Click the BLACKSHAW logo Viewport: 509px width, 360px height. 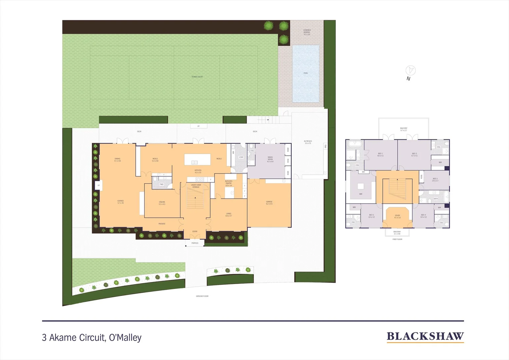click(425, 337)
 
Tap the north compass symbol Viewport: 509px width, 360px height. click(410, 70)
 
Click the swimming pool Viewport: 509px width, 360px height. click(306, 73)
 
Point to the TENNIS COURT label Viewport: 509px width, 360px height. click(197, 77)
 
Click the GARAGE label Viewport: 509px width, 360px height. click(269, 202)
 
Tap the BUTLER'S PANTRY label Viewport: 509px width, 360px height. click(229, 183)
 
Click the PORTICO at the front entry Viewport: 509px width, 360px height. click(195, 243)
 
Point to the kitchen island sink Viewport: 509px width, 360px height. click(194, 162)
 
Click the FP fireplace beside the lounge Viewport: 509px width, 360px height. click(98, 185)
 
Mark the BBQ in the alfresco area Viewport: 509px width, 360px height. click(325, 146)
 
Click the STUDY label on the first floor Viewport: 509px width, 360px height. click(397, 216)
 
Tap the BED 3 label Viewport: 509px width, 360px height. click(435, 180)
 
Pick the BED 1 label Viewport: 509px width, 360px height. click(380, 155)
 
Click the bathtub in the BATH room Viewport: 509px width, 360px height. click(444, 196)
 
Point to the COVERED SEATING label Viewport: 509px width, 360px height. click(307, 32)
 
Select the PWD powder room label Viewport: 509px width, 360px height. click(161, 184)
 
